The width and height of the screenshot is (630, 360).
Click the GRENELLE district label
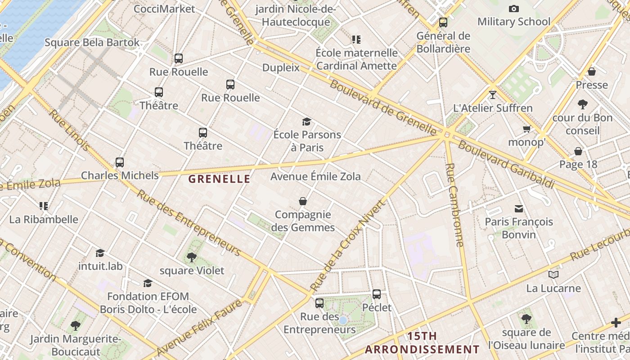tap(219, 179)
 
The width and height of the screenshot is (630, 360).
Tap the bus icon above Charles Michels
tap(120, 162)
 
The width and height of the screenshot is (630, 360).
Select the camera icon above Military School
tap(513, 9)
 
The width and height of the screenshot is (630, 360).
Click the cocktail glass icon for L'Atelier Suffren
tap(493, 94)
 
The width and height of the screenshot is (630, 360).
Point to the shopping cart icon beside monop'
tap(526, 129)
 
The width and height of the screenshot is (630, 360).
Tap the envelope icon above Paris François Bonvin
tap(519, 208)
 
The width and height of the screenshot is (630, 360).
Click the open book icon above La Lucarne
tap(553, 274)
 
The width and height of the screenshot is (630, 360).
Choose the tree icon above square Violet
tap(192, 257)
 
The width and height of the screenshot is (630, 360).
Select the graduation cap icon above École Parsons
tap(307, 121)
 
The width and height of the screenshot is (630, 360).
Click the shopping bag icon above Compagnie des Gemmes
tap(303, 201)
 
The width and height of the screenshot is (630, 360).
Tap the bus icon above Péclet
tap(377, 294)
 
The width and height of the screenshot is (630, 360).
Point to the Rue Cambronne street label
tap(454, 205)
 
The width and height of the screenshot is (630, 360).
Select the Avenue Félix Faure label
tap(200, 328)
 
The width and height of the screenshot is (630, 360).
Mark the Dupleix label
tap(281, 67)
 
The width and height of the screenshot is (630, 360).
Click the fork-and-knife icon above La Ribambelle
tap(43, 206)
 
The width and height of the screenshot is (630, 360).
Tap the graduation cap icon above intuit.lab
tap(100, 253)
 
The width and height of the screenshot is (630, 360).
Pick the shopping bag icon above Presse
tap(592, 72)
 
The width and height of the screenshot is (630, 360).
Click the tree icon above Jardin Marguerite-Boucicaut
tap(76, 325)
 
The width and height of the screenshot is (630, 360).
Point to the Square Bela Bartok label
tap(92, 43)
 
